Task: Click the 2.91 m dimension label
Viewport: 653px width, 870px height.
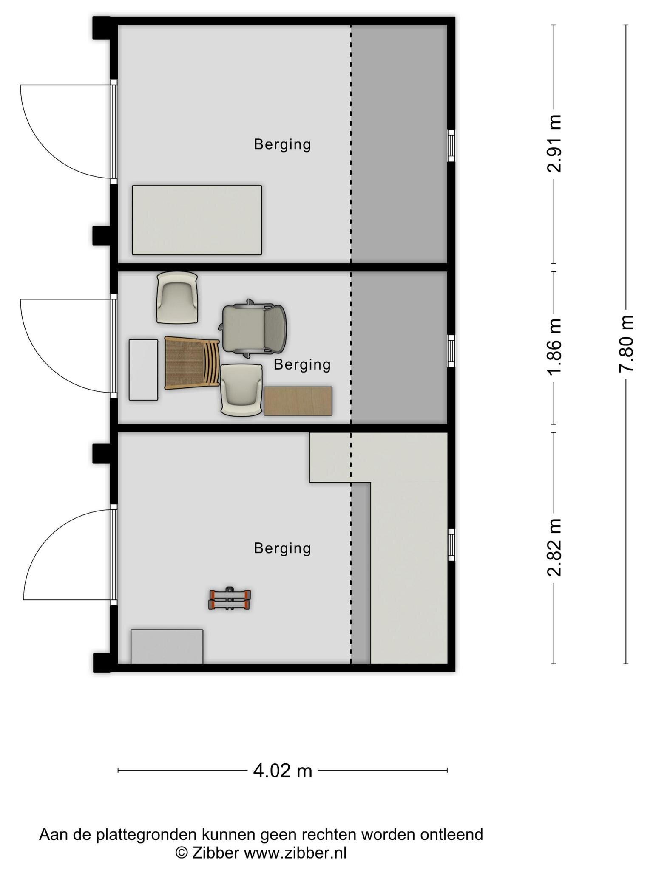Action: pyautogui.click(x=554, y=144)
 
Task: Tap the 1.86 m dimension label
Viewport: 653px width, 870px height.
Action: pyautogui.click(x=554, y=347)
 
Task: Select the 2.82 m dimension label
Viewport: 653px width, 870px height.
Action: pyautogui.click(x=554, y=548)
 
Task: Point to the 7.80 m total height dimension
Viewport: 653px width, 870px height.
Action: pyautogui.click(x=626, y=344)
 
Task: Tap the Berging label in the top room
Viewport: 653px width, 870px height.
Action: pyautogui.click(x=282, y=145)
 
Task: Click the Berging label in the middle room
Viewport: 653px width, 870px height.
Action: pyautogui.click(x=302, y=365)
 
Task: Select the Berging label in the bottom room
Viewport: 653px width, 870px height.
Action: pyautogui.click(x=282, y=548)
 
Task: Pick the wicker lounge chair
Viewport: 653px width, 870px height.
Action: pyautogui.click(x=192, y=363)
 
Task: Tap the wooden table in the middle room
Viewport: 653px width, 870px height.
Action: pyautogui.click(x=298, y=401)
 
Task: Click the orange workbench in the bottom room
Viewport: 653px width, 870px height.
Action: pyautogui.click(x=230, y=599)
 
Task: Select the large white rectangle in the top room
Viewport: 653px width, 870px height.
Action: pyautogui.click(x=197, y=220)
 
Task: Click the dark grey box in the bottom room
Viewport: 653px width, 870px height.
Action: pyautogui.click(x=167, y=646)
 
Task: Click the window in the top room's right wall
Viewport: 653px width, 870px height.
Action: pyautogui.click(x=451, y=146)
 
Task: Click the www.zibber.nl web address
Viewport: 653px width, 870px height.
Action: pyautogui.click(x=295, y=853)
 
